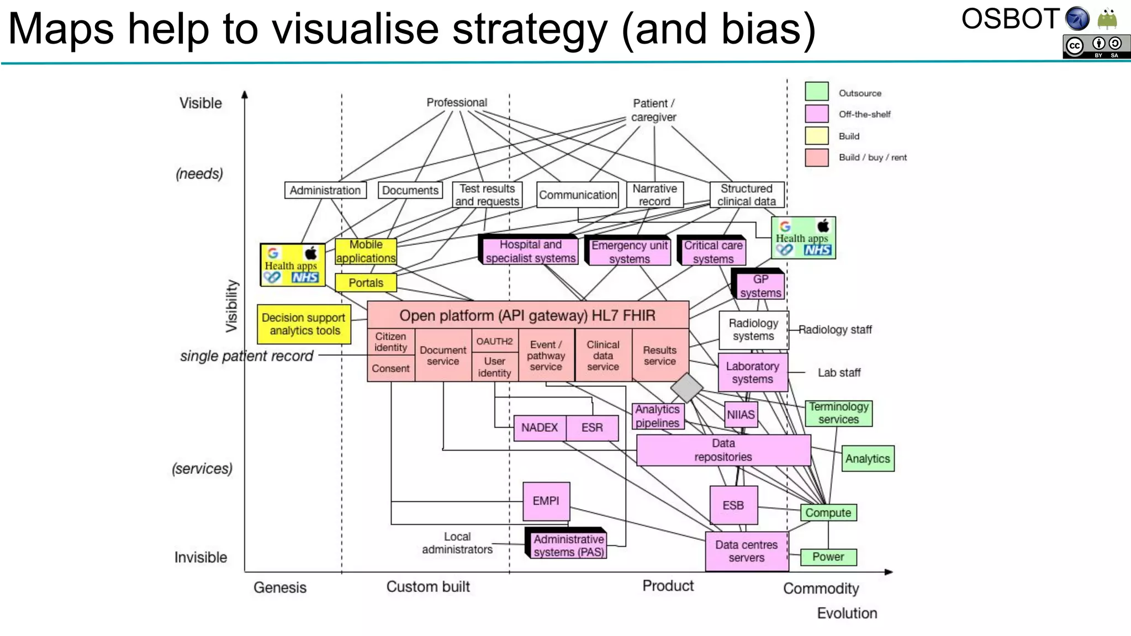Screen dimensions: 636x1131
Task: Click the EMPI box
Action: point(546,501)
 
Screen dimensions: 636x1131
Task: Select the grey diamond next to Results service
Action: point(686,387)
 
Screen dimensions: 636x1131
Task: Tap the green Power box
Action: point(828,556)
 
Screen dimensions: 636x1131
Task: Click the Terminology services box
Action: point(838,413)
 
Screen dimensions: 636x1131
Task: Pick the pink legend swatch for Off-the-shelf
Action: point(816,114)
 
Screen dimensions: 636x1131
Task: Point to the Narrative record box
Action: point(654,195)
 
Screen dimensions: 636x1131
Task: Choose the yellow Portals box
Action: point(366,283)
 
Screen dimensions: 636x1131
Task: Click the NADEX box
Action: point(540,428)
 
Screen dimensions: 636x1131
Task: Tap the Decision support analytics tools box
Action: point(304,324)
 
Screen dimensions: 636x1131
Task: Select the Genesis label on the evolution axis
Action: point(279,587)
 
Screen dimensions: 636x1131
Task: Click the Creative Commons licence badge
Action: point(1096,46)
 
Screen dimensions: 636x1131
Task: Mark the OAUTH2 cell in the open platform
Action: point(494,341)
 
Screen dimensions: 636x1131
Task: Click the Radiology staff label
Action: point(834,330)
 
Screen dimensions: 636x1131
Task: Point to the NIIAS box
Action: point(740,415)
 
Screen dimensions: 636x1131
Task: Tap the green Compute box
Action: point(828,512)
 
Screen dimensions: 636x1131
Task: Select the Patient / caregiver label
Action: point(653,110)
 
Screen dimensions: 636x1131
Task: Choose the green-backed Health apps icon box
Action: point(803,238)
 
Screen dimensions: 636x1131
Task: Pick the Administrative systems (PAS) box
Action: point(568,545)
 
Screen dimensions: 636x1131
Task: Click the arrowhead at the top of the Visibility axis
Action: point(245,94)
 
